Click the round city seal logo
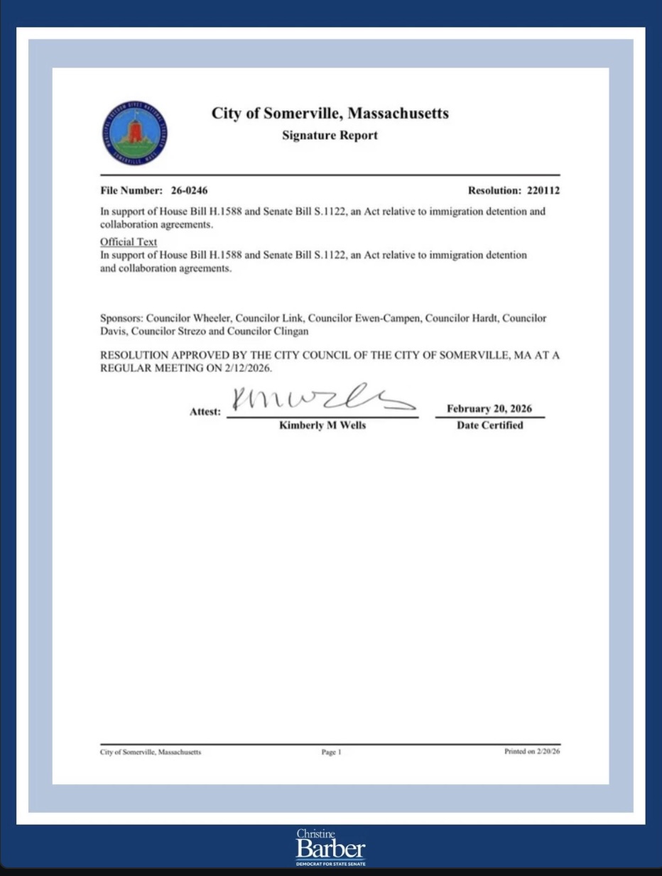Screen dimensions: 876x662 [135, 133]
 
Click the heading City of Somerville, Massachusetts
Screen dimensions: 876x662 [330, 114]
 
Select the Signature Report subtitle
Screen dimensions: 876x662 [330, 136]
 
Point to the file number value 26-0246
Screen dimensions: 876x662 [190, 191]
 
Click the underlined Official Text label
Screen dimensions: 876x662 [129, 242]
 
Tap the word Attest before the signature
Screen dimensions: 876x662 [205, 412]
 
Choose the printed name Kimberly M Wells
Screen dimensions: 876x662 [322, 425]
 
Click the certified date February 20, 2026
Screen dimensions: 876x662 [489, 409]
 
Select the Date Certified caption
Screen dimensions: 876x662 [489, 425]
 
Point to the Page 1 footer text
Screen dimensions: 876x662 [331, 752]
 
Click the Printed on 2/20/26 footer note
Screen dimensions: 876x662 [532, 752]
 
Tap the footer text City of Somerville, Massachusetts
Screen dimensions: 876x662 [151, 752]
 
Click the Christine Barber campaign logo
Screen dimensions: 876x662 [331, 847]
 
